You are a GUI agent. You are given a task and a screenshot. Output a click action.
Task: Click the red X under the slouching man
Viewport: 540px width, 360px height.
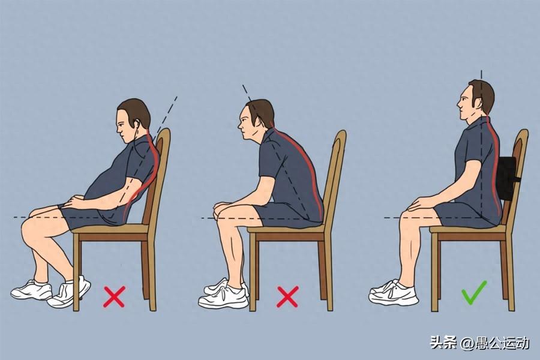tap(114, 296)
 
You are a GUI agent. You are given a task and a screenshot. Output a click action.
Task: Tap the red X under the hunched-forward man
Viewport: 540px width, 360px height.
tap(287, 296)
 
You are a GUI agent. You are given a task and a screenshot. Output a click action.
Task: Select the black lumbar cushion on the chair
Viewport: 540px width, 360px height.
tap(506, 178)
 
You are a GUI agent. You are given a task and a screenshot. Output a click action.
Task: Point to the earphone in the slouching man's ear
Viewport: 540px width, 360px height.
tap(137, 124)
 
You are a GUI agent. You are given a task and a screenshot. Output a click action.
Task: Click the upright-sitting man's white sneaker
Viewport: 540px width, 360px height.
tap(393, 293)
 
